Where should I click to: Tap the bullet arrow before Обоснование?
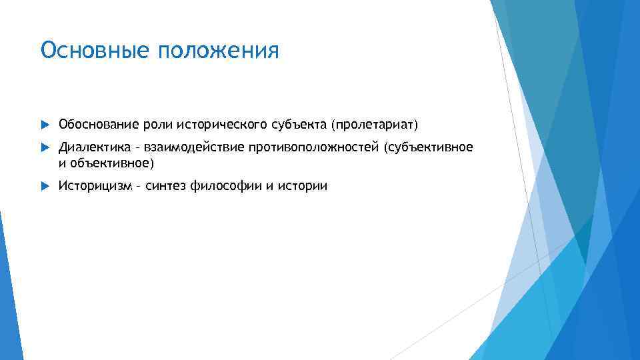tap(45, 124)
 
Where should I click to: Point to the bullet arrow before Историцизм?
tap(45, 186)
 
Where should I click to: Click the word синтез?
tap(165, 186)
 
